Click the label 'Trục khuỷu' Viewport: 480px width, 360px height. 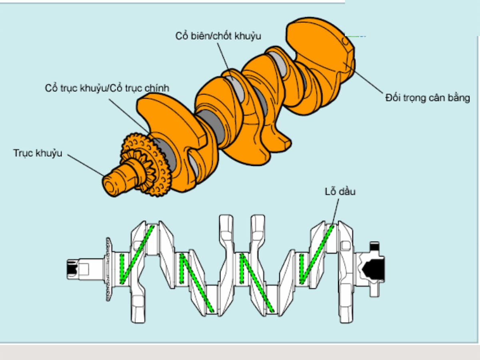38,153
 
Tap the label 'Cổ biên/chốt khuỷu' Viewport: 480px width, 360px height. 218,36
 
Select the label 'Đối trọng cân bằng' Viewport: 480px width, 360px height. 427,98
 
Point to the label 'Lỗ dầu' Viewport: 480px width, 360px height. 340,192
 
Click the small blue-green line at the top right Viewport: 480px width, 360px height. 356,36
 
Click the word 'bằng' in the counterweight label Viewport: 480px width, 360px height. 460,98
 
